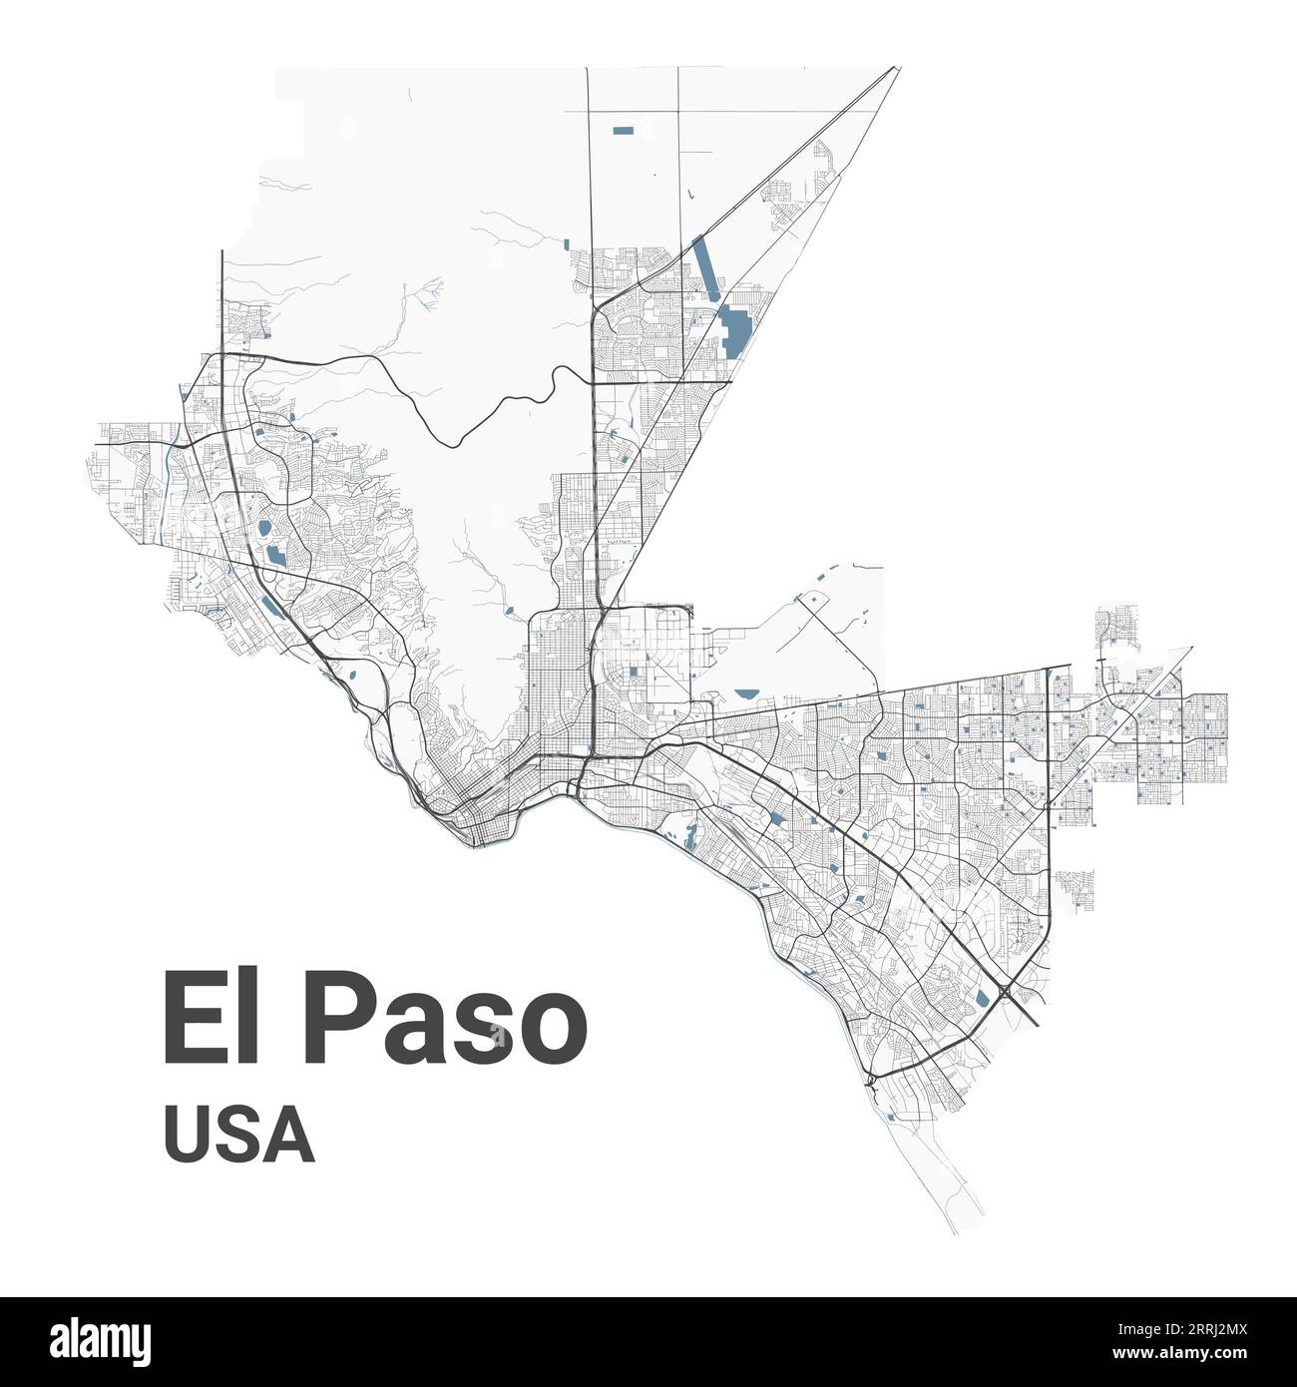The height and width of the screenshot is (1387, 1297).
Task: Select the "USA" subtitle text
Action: pos(239,1137)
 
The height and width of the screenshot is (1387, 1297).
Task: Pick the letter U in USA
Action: pos(189,1137)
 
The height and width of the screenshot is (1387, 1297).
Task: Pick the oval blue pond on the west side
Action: pos(264,529)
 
